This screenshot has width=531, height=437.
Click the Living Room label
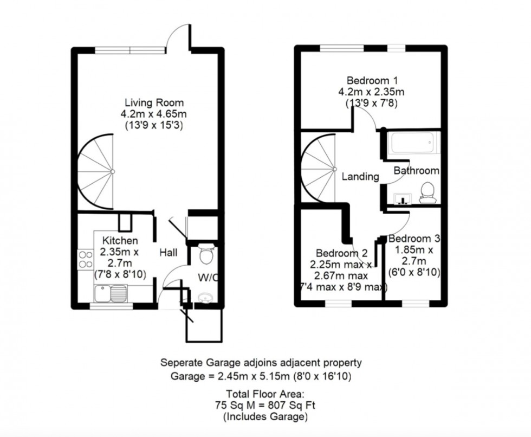click(154, 102)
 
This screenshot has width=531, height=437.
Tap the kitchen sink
click(110, 294)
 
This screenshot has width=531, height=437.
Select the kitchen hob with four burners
click(86, 260)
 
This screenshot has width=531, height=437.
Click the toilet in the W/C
click(206, 254)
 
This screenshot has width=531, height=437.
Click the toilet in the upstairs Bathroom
click(428, 193)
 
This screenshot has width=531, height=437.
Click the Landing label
click(360, 176)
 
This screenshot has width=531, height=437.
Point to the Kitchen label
click(120, 240)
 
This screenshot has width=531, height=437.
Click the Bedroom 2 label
click(342, 253)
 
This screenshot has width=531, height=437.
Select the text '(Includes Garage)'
click(265, 417)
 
